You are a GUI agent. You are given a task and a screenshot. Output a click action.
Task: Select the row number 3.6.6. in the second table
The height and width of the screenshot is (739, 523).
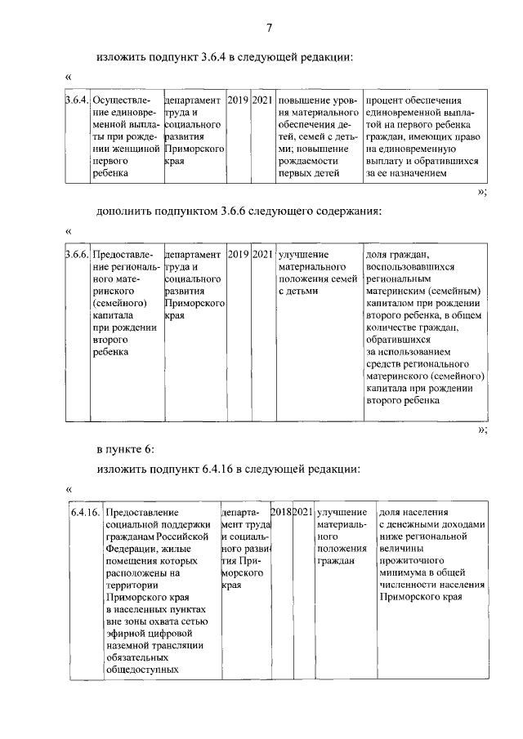[x=77, y=254]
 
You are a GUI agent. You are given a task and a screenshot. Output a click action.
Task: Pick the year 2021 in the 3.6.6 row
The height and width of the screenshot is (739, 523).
[x=262, y=254]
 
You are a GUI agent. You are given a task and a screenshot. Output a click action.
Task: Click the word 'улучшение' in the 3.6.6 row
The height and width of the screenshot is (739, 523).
[x=302, y=254]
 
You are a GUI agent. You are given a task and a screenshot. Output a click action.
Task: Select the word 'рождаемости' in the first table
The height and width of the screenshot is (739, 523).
[x=307, y=160]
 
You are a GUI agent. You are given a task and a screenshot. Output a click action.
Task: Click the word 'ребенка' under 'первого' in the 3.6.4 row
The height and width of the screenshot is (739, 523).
[x=109, y=172]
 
